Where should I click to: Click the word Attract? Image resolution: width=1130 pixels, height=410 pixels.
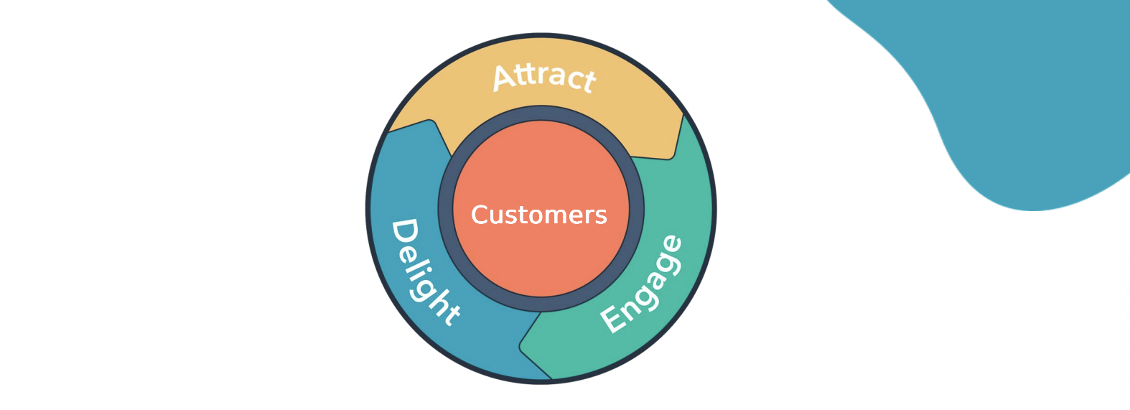(x=544, y=76)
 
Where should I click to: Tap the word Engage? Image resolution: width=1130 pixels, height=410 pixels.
(x=641, y=284)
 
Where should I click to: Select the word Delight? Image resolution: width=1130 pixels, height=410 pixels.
(x=424, y=272)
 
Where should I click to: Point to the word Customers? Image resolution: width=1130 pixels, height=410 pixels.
(x=538, y=215)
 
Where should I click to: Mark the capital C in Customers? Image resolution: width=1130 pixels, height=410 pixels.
(x=479, y=215)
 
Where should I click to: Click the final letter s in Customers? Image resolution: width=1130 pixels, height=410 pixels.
(x=601, y=216)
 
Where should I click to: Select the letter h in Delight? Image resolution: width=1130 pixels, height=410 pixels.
(x=437, y=302)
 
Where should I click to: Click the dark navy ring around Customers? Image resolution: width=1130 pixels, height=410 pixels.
(x=446, y=209)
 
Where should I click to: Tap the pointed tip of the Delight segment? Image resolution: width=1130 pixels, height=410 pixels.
(x=431, y=123)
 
